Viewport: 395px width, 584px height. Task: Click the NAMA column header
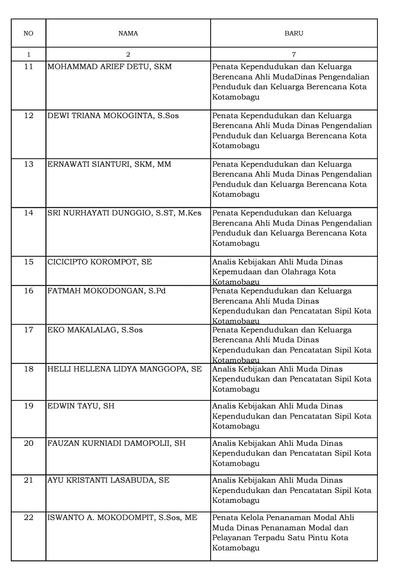tap(128, 33)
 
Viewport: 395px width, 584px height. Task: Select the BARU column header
tap(294, 33)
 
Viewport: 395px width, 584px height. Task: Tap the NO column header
tap(28, 33)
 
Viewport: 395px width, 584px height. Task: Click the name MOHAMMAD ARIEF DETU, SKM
tap(109, 67)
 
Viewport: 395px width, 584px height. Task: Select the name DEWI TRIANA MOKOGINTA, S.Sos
tap(113, 116)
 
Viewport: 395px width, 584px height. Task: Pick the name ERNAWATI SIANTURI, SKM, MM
tap(109, 164)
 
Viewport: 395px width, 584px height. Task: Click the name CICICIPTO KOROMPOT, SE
tap(99, 262)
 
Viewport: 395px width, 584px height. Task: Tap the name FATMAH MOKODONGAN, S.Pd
tap(106, 291)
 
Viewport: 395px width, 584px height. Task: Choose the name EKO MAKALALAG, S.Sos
tap(95, 330)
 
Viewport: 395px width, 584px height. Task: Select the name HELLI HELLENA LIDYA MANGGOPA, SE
tap(124, 369)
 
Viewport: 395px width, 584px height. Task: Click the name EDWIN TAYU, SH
tap(81, 406)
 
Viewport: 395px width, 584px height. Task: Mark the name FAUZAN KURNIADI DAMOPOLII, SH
tap(116, 443)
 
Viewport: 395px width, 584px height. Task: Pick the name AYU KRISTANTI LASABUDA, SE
tap(108, 480)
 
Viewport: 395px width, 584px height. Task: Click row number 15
tap(29, 262)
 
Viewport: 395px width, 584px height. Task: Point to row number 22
tap(29, 517)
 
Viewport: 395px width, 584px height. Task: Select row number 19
tap(29, 406)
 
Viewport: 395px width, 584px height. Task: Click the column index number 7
tap(294, 54)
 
